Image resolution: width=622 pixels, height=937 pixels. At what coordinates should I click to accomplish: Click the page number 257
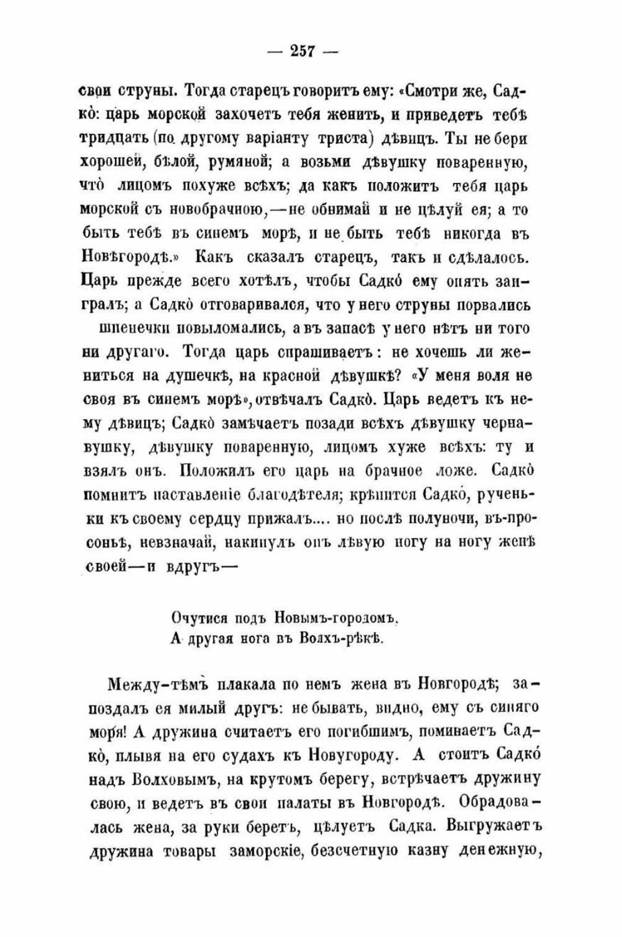[303, 52]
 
